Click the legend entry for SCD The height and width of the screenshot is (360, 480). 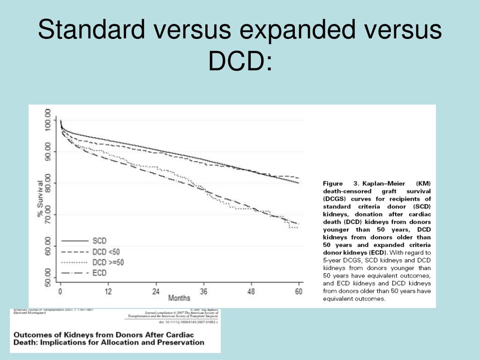(99, 241)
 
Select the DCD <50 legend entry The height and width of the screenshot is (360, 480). (105, 252)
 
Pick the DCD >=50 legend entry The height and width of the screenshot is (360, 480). (108, 262)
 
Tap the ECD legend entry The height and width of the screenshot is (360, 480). (99, 273)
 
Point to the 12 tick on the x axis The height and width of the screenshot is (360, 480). (108, 292)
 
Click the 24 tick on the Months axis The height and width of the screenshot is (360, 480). (156, 292)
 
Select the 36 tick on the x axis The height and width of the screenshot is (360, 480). (203, 292)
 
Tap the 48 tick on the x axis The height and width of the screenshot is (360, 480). (251, 292)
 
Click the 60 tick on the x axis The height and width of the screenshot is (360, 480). (299, 292)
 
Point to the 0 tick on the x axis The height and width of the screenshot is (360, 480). (60, 292)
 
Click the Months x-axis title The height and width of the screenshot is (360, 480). (179, 298)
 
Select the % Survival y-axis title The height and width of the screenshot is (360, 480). (40, 198)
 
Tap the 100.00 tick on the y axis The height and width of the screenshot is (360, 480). (48, 120)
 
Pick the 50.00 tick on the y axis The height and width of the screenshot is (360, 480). (48, 277)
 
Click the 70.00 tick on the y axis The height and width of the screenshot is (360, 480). (48, 214)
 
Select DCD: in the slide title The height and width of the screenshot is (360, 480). (240, 61)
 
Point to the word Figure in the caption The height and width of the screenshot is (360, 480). (333, 183)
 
